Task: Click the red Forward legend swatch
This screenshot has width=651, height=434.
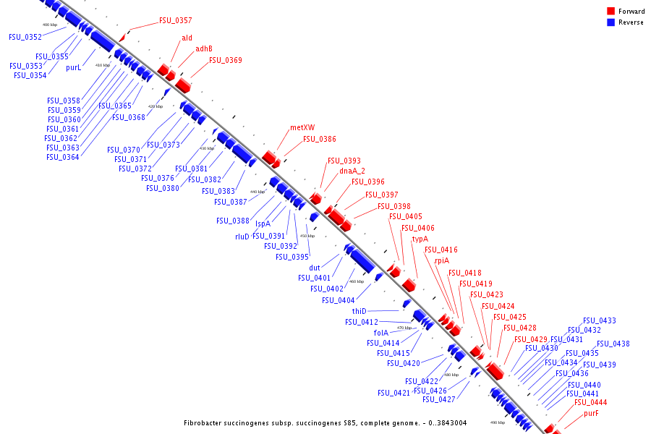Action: tap(610, 12)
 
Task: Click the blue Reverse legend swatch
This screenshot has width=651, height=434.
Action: tap(610, 22)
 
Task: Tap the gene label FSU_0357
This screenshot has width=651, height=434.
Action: tap(176, 20)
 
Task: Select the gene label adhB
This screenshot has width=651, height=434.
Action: tap(204, 49)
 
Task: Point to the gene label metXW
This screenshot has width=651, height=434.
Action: tap(302, 127)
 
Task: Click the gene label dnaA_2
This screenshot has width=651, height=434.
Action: tap(352, 171)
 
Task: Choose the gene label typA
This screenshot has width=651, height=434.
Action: tap(420, 239)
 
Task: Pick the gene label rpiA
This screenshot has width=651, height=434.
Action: tap(442, 261)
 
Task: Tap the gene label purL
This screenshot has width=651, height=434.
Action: tap(73, 67)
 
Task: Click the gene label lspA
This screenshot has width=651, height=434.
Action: tap(263, 224)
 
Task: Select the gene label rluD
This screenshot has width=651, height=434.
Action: tap(242, 237)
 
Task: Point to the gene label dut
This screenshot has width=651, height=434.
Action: tap(315, 268)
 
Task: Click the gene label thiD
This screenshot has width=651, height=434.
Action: tap(359, 311)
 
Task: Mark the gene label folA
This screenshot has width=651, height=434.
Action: tap(381, 333)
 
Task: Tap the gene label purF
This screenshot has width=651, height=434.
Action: tap(591, 414)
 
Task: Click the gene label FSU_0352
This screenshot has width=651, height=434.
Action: tap(25, 37)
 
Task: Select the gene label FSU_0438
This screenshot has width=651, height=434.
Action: tap(613, 344)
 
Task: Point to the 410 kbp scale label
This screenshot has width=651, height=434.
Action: tap(103, 65)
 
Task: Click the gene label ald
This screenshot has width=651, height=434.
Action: tap(187, 38)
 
